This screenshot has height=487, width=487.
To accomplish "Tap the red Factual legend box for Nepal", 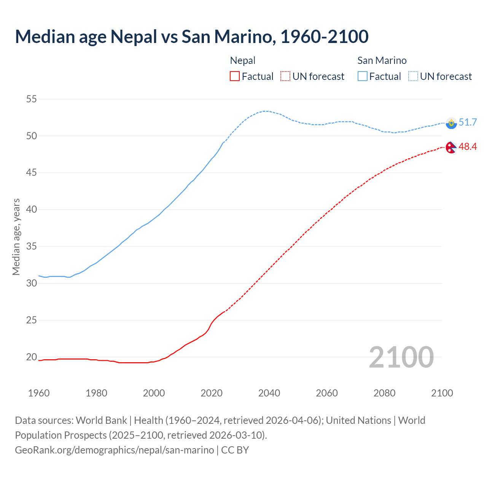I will (x=235, y=76).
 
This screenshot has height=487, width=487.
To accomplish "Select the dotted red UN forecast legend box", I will (x=285, y=76).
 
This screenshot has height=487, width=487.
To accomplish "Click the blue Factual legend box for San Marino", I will (x=363, y=76).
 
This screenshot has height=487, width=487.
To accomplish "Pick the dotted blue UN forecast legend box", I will (x=413, y=76).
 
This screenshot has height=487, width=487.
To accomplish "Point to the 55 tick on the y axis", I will (x=31, y=99).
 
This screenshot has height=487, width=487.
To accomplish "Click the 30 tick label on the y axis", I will (x=31, y=283).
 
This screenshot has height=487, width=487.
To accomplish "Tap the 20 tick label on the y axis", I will (x=31, y=357).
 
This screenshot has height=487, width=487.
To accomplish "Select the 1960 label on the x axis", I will (x=39, y=393).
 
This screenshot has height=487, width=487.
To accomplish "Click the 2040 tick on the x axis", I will (x=269, y=393).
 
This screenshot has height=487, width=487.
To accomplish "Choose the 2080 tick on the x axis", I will (x=384, y=393).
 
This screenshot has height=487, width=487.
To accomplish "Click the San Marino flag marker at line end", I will (x=451, y=123).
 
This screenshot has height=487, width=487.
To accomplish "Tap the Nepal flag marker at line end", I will (x=451, y=147).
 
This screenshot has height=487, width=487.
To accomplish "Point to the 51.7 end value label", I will (x=468, y=122).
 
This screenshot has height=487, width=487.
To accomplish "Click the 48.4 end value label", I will (x=468, y=146).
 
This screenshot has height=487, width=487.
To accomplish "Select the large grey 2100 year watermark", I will (x=401, y=357).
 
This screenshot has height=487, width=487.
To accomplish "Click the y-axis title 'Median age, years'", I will (x=16, y=237).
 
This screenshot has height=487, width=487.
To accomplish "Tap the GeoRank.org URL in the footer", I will (x=114, y=450).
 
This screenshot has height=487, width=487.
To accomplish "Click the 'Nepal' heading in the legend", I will (x=243, y=60).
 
